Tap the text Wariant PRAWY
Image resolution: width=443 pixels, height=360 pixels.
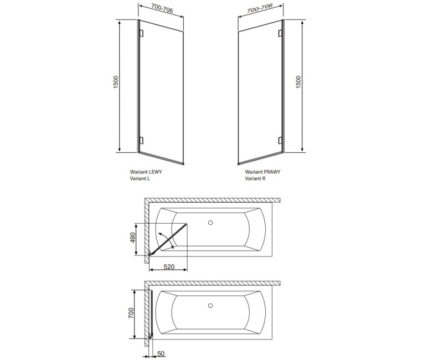coord(262,172)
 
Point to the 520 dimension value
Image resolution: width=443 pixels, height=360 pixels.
coord(169,267)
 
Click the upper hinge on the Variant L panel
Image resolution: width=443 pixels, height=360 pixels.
coord(141,33)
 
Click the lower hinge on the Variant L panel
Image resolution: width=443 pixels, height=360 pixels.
coord(141,139)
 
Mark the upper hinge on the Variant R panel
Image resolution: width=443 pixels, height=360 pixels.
coord(280,33)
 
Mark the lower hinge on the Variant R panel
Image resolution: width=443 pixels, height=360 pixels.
coord(280,139)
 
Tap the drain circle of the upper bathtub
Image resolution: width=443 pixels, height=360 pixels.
coord(210,223)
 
